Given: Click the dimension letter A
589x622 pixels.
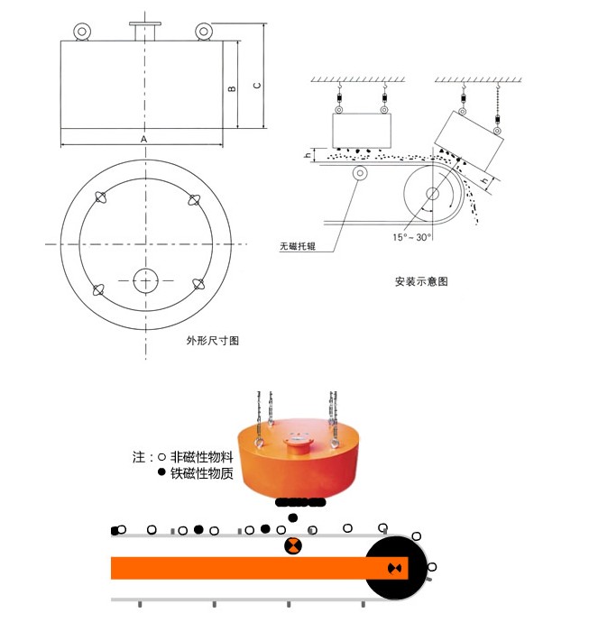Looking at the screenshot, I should pyautogui.click(x=143, y=140).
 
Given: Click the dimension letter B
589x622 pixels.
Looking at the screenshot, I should pyautogui.click(x=232, y=89).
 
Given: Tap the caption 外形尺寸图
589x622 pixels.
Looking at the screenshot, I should pyautogui.click(x=213, y=341).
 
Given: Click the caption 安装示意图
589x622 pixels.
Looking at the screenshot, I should pyautogui.click(x=421, y=281).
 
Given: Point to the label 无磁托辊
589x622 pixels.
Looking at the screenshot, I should pyautogui.click(x=300, y=245).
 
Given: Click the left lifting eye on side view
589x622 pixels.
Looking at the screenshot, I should pyautogui.click(x=83, y=32).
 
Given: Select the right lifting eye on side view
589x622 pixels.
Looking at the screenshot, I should pyautogui.click(x=203, y=32).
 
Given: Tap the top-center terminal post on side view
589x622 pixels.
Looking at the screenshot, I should pyautogui.click(x=143, y=31).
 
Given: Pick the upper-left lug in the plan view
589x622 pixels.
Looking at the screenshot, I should pyautogui.click(x=100, y=198).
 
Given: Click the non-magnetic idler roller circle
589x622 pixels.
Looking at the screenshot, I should pyautogui.click(x=361, y=173).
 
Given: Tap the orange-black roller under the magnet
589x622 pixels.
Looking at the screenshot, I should pyautogui.click(x=294, y=546).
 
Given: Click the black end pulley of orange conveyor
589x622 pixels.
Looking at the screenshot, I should pyautogui.click(x=394, y=568).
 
